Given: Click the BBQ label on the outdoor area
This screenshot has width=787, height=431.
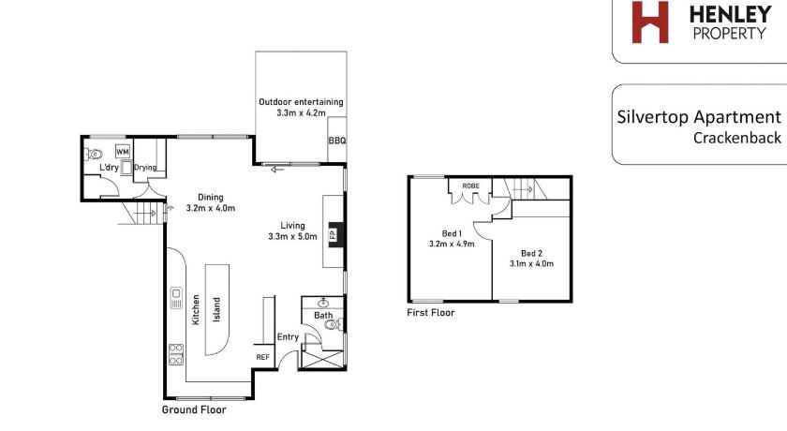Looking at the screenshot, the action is coord(336,141).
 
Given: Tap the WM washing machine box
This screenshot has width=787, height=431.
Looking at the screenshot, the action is coord(123,151).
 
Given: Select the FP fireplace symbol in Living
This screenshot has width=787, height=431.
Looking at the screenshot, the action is coord(334,234).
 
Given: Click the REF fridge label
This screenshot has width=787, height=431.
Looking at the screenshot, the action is coord(263,357).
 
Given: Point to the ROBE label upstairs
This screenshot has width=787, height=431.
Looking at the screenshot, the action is coord(470,186).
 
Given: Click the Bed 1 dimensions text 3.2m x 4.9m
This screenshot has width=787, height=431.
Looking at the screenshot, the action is coord(452,244).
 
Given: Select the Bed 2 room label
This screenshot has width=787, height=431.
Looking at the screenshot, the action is coord(531,253).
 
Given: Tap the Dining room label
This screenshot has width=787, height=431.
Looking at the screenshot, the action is coord(210,197).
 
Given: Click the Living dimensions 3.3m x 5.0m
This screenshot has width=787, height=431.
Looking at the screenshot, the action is coord(292,236).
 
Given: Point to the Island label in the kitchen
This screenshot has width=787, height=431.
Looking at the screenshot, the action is coord(216,309).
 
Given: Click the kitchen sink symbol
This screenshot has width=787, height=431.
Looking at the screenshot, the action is coord(176,298).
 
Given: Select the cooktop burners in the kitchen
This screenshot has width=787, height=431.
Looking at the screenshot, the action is coord(176,354).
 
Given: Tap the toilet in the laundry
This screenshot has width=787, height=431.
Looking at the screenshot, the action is coord(94,154).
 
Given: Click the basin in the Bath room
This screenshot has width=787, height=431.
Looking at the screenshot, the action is coord(323,303).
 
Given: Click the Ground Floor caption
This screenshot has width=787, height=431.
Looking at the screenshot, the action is coord(194,409).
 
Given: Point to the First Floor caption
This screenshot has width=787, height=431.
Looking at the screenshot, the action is coord(431,313).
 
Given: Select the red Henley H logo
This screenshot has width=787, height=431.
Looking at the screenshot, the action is coord(650,22).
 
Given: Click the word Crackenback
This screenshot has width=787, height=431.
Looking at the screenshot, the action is coord(737,138).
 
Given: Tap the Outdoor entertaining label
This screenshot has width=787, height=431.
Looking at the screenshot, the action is coord(301,102).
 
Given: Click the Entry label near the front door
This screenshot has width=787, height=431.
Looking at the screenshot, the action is coord(289,336).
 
